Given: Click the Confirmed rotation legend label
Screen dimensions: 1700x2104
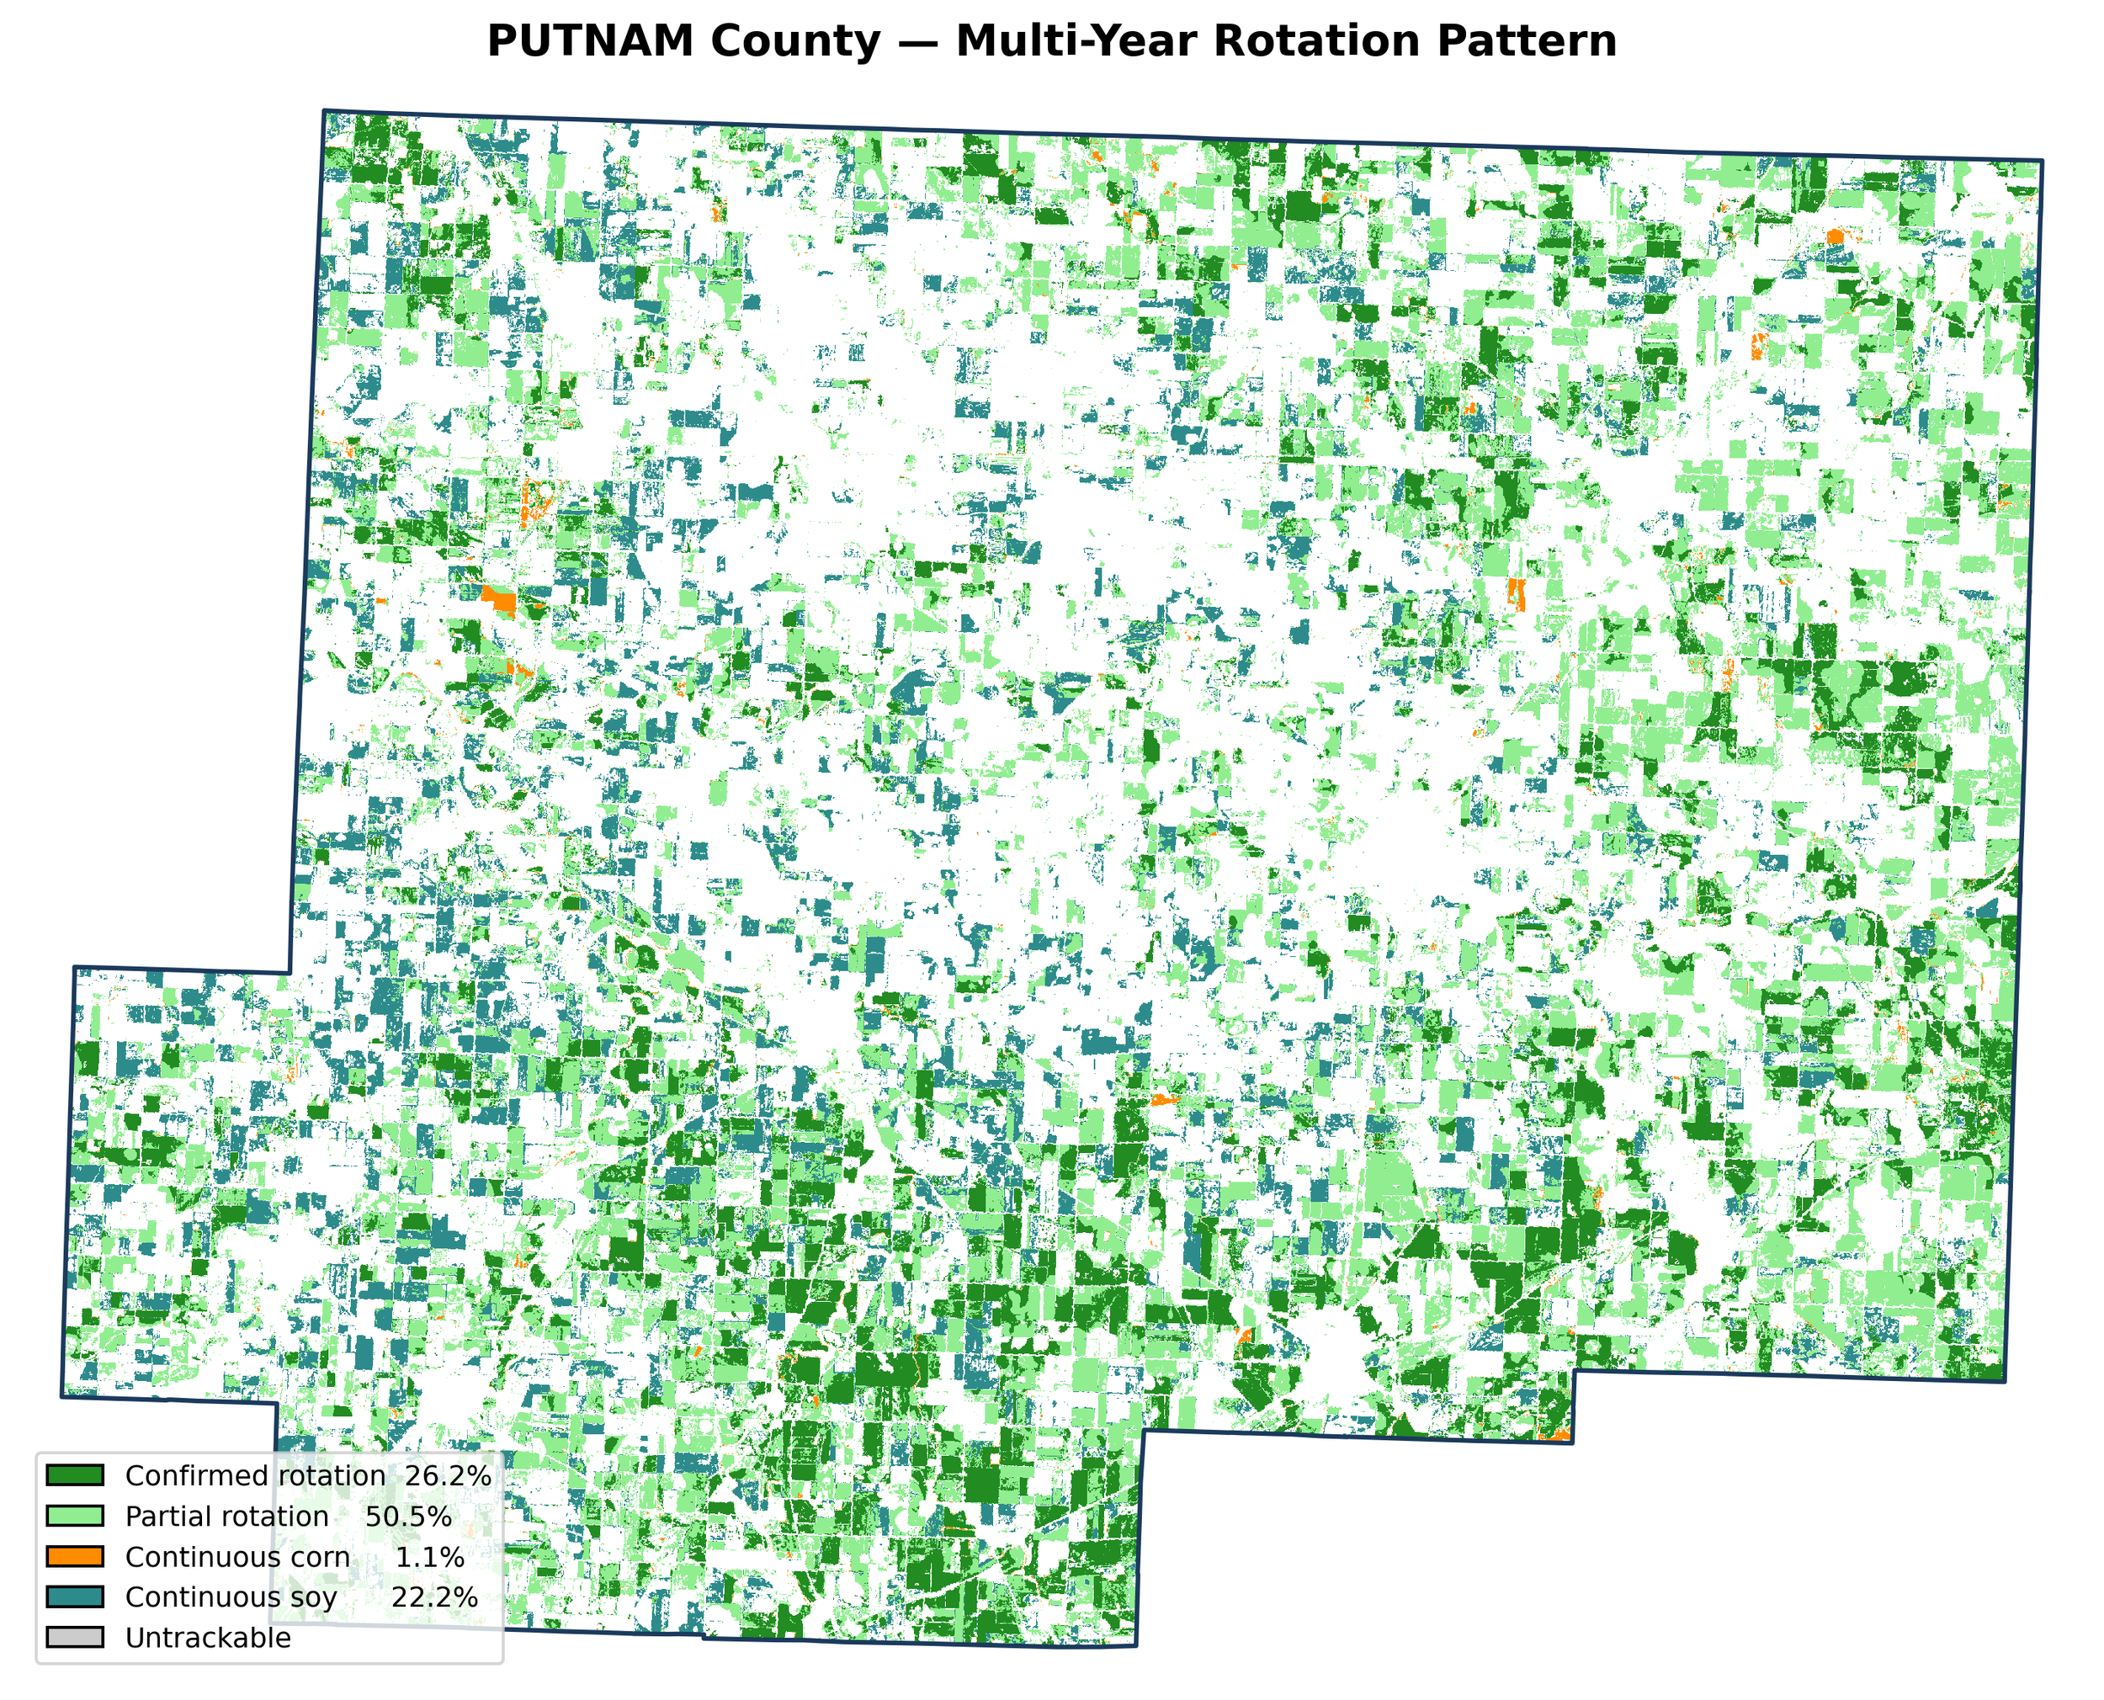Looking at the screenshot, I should click(254, 1476).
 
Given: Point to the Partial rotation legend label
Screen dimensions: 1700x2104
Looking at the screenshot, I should click(227, 1517).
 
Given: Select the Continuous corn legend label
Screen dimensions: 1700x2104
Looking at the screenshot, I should click(237, 1557).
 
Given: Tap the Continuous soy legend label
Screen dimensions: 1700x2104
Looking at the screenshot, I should click(231, 1597).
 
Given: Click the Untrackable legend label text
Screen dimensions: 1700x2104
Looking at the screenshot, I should click(208, 1639).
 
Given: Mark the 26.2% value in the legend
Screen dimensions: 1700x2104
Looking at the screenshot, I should click(448, 1476).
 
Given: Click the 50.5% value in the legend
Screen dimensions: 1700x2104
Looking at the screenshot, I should click(408, 1517).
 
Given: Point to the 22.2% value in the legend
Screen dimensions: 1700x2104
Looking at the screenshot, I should click(435, 1597).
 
